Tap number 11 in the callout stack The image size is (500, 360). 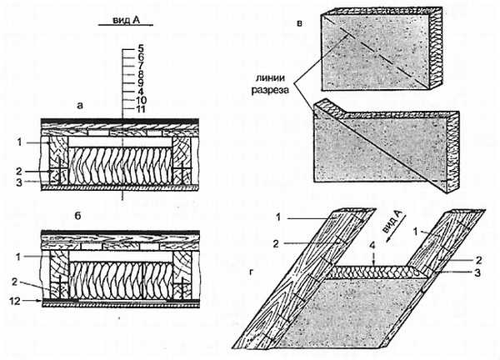(141, 108)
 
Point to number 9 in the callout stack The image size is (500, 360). (141, 82)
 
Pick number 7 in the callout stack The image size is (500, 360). (141, 65)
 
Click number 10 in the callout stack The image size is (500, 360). (141, 99)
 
